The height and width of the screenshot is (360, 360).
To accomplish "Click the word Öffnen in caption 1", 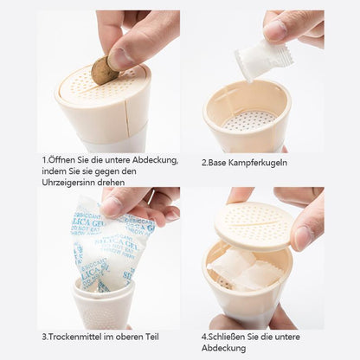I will pyautogui.click(x=64, y=160).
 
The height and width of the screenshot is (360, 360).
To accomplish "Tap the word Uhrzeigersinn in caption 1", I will pyautogui.click(x=72, y=183).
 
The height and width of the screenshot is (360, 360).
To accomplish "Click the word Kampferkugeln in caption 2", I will pyautogui.click(x=257, y=161).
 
